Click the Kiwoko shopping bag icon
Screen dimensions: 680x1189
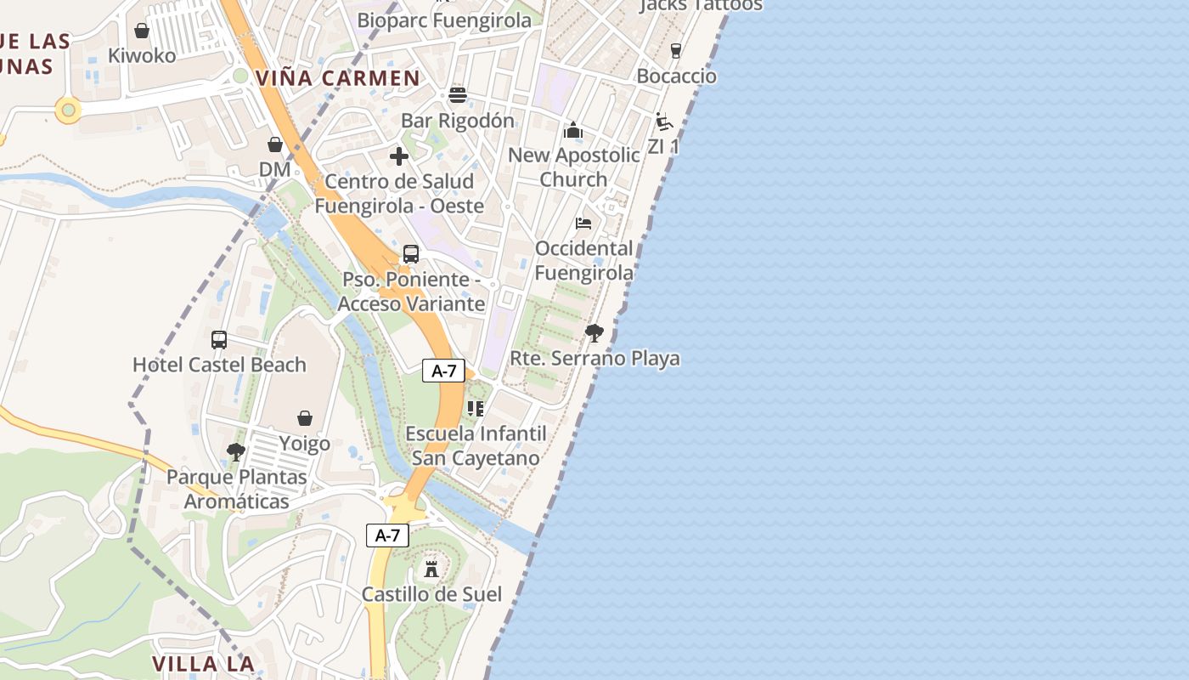(x=142, y=31)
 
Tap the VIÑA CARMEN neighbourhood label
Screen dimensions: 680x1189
(x=338, y=78)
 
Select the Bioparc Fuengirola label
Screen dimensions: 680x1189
(x=444, y=20)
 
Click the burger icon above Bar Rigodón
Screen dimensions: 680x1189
(x=458, y=94)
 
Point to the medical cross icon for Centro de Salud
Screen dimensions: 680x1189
(x=399, y=156)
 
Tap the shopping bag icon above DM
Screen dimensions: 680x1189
(x=275, y=144)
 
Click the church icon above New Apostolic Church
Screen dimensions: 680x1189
(x=573, y=130)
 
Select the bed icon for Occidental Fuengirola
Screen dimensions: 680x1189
(x=583, y=224)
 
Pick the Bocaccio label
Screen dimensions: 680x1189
(x=676, y=76)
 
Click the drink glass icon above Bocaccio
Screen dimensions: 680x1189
(x=675, y=51)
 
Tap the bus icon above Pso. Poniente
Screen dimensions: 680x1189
(x=411, y=253)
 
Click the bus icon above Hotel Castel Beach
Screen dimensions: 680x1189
(x=219, y=340)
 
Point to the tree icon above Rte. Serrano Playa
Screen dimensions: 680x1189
(x=594, y=332)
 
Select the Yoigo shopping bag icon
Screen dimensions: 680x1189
(x=305, y=418)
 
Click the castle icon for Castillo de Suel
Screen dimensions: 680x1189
(x=431, y=569)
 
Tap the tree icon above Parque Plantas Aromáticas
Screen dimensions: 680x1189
(x=236, y=452)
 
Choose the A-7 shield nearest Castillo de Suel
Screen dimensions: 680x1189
(x=388, y=535)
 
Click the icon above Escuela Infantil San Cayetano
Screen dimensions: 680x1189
(x=476, y=409)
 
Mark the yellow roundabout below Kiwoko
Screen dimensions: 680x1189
(x=68, y=109)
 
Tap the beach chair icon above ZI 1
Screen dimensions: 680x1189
(x=664, y=122)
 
